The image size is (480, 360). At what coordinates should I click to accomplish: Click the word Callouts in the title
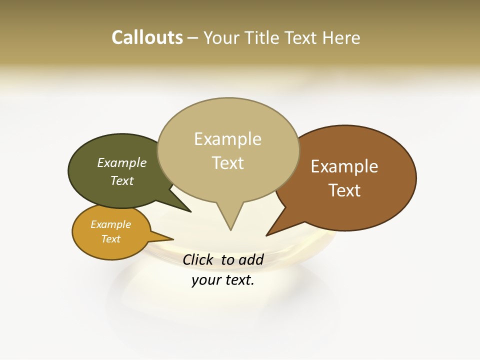click(147, 37)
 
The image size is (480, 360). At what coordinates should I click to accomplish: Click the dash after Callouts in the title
click(193, 38)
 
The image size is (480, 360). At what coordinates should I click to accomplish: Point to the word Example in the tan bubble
click(227, 139)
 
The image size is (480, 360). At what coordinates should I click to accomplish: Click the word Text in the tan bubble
click(227, 163)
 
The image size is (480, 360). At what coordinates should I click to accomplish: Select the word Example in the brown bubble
click(344, 166)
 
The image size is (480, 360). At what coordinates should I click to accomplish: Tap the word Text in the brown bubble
click(344, 190)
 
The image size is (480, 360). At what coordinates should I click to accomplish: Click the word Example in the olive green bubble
click(121, 162)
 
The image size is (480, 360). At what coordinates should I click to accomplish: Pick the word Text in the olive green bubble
click(121, 180)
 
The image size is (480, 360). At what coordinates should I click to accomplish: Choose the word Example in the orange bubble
click(110, 224)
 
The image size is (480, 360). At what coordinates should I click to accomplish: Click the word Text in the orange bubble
click(110, 239)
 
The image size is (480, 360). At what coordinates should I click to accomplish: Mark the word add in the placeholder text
click(251, 259)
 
